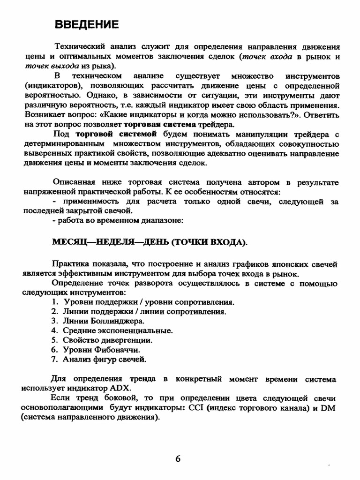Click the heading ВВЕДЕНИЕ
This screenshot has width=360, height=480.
(x=87, y=25)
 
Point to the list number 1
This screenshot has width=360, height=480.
(x=54, y=302)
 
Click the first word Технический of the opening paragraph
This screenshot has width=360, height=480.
(x=77, y=47)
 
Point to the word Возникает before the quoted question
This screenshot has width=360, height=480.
(x=41, y=115)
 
